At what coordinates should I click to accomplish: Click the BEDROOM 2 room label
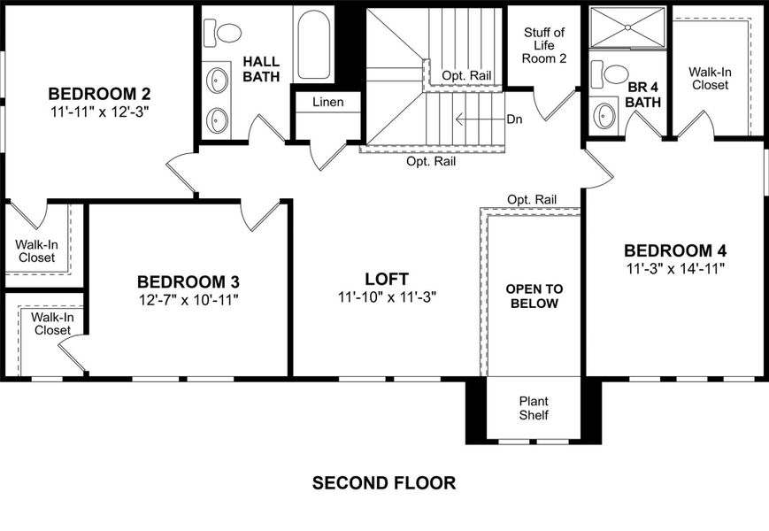coord(99,93)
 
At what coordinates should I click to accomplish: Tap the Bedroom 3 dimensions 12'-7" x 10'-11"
coord(188,300)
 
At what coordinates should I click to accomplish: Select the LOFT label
coord(387,279)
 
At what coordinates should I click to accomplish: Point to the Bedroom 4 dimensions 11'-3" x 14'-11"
coord(674,268)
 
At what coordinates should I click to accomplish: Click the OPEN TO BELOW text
coord(534,296)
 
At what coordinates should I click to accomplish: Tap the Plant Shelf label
coord(534,408)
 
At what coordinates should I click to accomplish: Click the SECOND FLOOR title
coord(384,483)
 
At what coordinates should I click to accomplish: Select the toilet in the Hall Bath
coord(224,34)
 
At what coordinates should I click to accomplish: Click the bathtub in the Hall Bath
coord(314,44)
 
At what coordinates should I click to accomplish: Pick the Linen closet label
coord(327,102)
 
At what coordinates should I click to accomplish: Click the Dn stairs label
coord(514,119)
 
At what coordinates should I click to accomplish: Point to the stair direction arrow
coord(478,119)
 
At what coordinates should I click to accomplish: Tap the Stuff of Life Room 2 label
coord(543,45)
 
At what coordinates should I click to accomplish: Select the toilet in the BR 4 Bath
coord(611,73)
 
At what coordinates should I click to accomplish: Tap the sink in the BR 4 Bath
coord(605,115)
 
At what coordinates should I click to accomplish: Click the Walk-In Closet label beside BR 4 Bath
coord(711,78)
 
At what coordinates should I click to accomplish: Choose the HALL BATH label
coord(261,69)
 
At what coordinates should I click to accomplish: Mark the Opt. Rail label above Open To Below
coord(532,199)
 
